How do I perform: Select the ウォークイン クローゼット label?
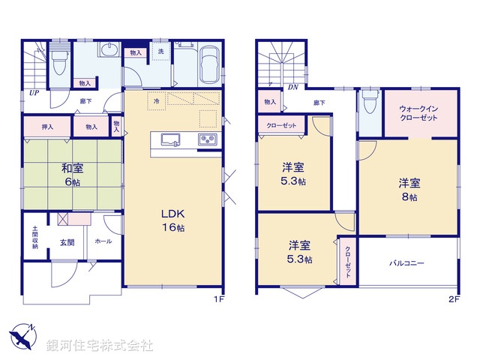point(419,112)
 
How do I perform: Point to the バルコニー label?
point(406,264)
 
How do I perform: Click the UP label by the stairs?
point(34,93)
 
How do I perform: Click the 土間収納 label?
point(34,238)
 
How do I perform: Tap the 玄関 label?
point(67,242)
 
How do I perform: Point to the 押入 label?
point(46,127)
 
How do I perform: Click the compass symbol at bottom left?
point(22,336)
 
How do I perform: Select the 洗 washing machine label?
point(160,52)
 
